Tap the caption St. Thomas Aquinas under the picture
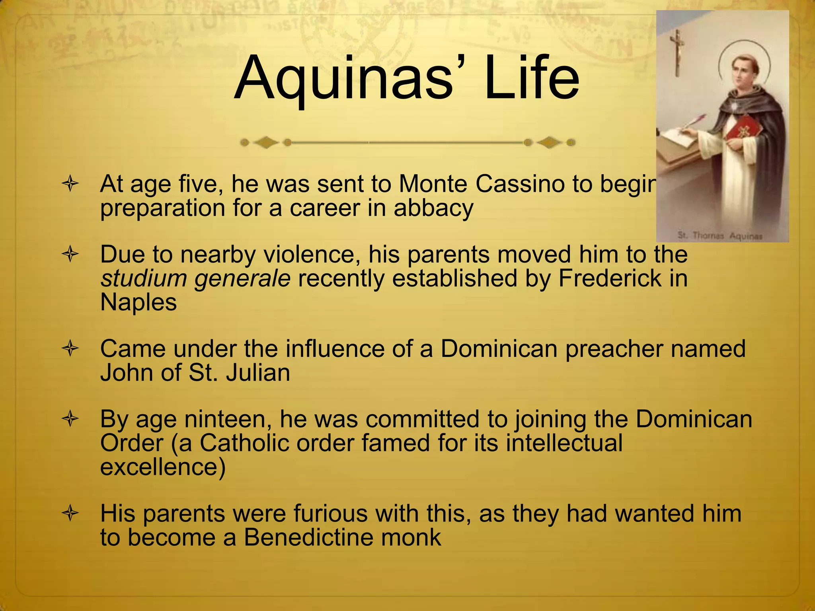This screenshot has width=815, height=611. click(x=720, y=236)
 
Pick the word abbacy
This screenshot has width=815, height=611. click(x=433, y=208)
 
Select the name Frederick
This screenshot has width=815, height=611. click(x=610, y=278)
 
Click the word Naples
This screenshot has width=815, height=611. click(x=138, y=302)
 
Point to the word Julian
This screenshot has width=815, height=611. click(x=258, y=373)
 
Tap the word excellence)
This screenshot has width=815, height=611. click(x=163, y=467)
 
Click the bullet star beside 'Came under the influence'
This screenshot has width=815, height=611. click(x=70, y=349)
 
